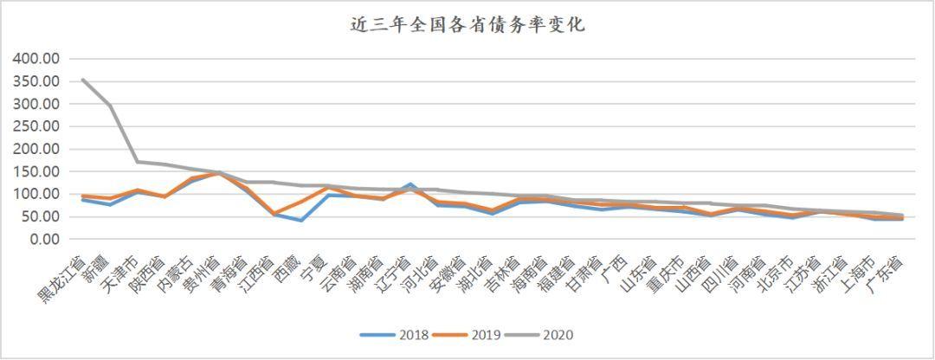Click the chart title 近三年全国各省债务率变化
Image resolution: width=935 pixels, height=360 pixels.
467,26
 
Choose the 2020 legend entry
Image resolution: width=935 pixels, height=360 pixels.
538,335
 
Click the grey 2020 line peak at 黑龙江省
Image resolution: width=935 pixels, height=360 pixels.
83,80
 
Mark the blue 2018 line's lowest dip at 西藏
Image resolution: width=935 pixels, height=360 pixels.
301,221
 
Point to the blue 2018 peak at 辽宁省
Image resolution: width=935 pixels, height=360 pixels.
410,185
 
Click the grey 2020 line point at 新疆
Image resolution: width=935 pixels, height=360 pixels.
110,106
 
